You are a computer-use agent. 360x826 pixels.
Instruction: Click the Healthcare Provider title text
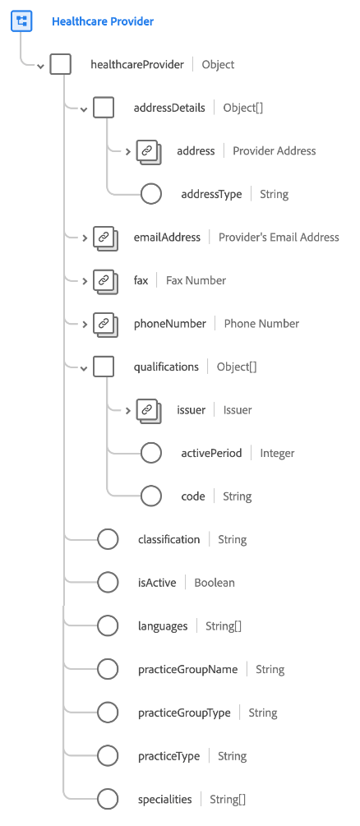point(103,21)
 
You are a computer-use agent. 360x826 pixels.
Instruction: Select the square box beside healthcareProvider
point(61,64)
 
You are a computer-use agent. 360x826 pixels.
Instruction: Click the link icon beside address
point(147,151)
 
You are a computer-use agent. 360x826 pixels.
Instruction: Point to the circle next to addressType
point(151,194)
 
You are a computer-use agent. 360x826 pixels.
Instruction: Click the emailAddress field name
point(167,237)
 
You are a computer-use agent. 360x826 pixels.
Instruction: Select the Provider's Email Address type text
point(279,237)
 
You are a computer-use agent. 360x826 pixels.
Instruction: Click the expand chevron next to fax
point(84,280)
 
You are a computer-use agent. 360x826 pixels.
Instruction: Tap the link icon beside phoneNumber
point(104,324)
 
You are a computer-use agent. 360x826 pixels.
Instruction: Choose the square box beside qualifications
point(104,367)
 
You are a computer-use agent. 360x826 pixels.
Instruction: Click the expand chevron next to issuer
point(127,410)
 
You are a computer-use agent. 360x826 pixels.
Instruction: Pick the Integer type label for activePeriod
point(277,453)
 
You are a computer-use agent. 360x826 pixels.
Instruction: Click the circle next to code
point(151,496)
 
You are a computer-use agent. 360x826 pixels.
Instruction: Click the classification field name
point(168,539)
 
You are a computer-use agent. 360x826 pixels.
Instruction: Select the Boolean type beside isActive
point(215,583)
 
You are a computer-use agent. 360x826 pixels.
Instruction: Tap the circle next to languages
point(108,625)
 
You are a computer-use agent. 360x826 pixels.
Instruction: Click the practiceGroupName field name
point(187,669)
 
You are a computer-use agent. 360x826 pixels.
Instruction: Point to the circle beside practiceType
point(108,755)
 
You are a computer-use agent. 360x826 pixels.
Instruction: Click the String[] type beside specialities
point(228,799)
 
